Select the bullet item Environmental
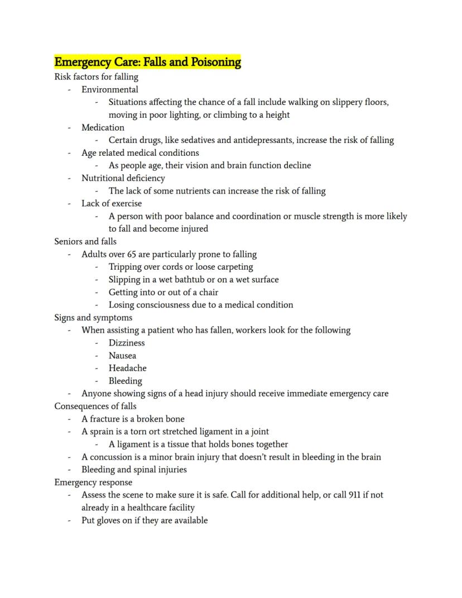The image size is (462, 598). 110,89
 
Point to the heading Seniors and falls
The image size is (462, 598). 85,242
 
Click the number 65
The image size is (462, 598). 132,255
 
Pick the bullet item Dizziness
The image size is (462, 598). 127,343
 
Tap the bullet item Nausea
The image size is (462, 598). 122,356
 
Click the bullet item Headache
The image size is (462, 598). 128,369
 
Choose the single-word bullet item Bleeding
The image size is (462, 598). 126,381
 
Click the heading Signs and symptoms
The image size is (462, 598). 93,318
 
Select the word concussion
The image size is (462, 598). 114,457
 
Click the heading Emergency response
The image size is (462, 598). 93,482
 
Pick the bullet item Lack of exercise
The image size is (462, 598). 112,204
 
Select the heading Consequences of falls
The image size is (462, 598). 95,406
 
